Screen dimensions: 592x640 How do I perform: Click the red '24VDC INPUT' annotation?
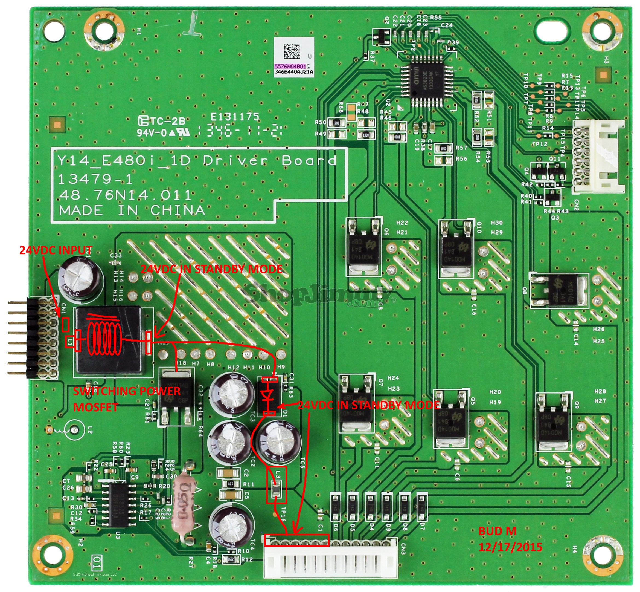click(56, 250)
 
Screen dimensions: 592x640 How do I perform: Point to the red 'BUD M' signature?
click(497, 531)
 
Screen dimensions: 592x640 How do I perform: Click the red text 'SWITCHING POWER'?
click(127, 391)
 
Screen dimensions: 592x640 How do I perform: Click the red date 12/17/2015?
click(510, 547)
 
